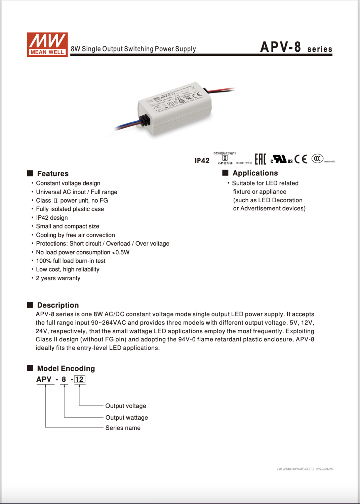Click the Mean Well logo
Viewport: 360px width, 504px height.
(47, 44)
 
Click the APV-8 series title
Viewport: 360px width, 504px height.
(296, 47)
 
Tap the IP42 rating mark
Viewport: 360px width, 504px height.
(202, 161)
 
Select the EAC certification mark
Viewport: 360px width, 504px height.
(260, 159)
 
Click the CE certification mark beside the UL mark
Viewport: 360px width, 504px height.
(301, 159)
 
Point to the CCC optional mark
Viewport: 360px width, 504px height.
(317, 158)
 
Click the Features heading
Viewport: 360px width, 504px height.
(53, 174)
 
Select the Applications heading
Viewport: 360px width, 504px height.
(255, 173)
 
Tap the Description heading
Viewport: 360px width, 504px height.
(58, 305)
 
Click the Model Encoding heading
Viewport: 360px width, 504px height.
(66, 369)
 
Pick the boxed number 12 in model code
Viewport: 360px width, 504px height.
(79, 379)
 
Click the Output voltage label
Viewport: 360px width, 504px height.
(126, 406)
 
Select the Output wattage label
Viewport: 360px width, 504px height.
(127, 418)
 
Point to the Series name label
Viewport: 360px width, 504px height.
(123, 428)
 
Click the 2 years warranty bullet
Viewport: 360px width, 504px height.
(58, 278)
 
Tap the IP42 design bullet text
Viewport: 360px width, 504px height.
(52, 218)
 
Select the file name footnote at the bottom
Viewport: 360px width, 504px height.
(305, 469)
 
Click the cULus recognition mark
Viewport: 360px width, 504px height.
(281, 159)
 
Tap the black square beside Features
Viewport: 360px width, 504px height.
(30, 173)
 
